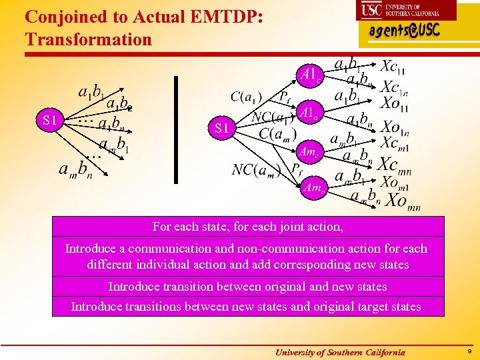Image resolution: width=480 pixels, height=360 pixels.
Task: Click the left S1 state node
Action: point(49,121)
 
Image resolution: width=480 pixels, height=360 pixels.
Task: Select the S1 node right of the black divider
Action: point(222,128)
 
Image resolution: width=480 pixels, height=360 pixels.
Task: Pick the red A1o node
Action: point(309,113)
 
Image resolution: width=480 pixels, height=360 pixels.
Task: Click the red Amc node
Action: point(308,151)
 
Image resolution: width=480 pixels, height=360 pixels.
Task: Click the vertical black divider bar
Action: point(176,129)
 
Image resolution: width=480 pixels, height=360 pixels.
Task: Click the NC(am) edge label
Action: point(255,169)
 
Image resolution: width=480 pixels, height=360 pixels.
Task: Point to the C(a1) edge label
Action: point(246,97)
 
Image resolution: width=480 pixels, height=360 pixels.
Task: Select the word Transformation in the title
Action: point(89,39)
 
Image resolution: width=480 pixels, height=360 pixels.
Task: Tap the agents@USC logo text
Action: point(404,31)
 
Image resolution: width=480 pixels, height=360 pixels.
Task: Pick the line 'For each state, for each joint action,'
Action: point(248,227)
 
